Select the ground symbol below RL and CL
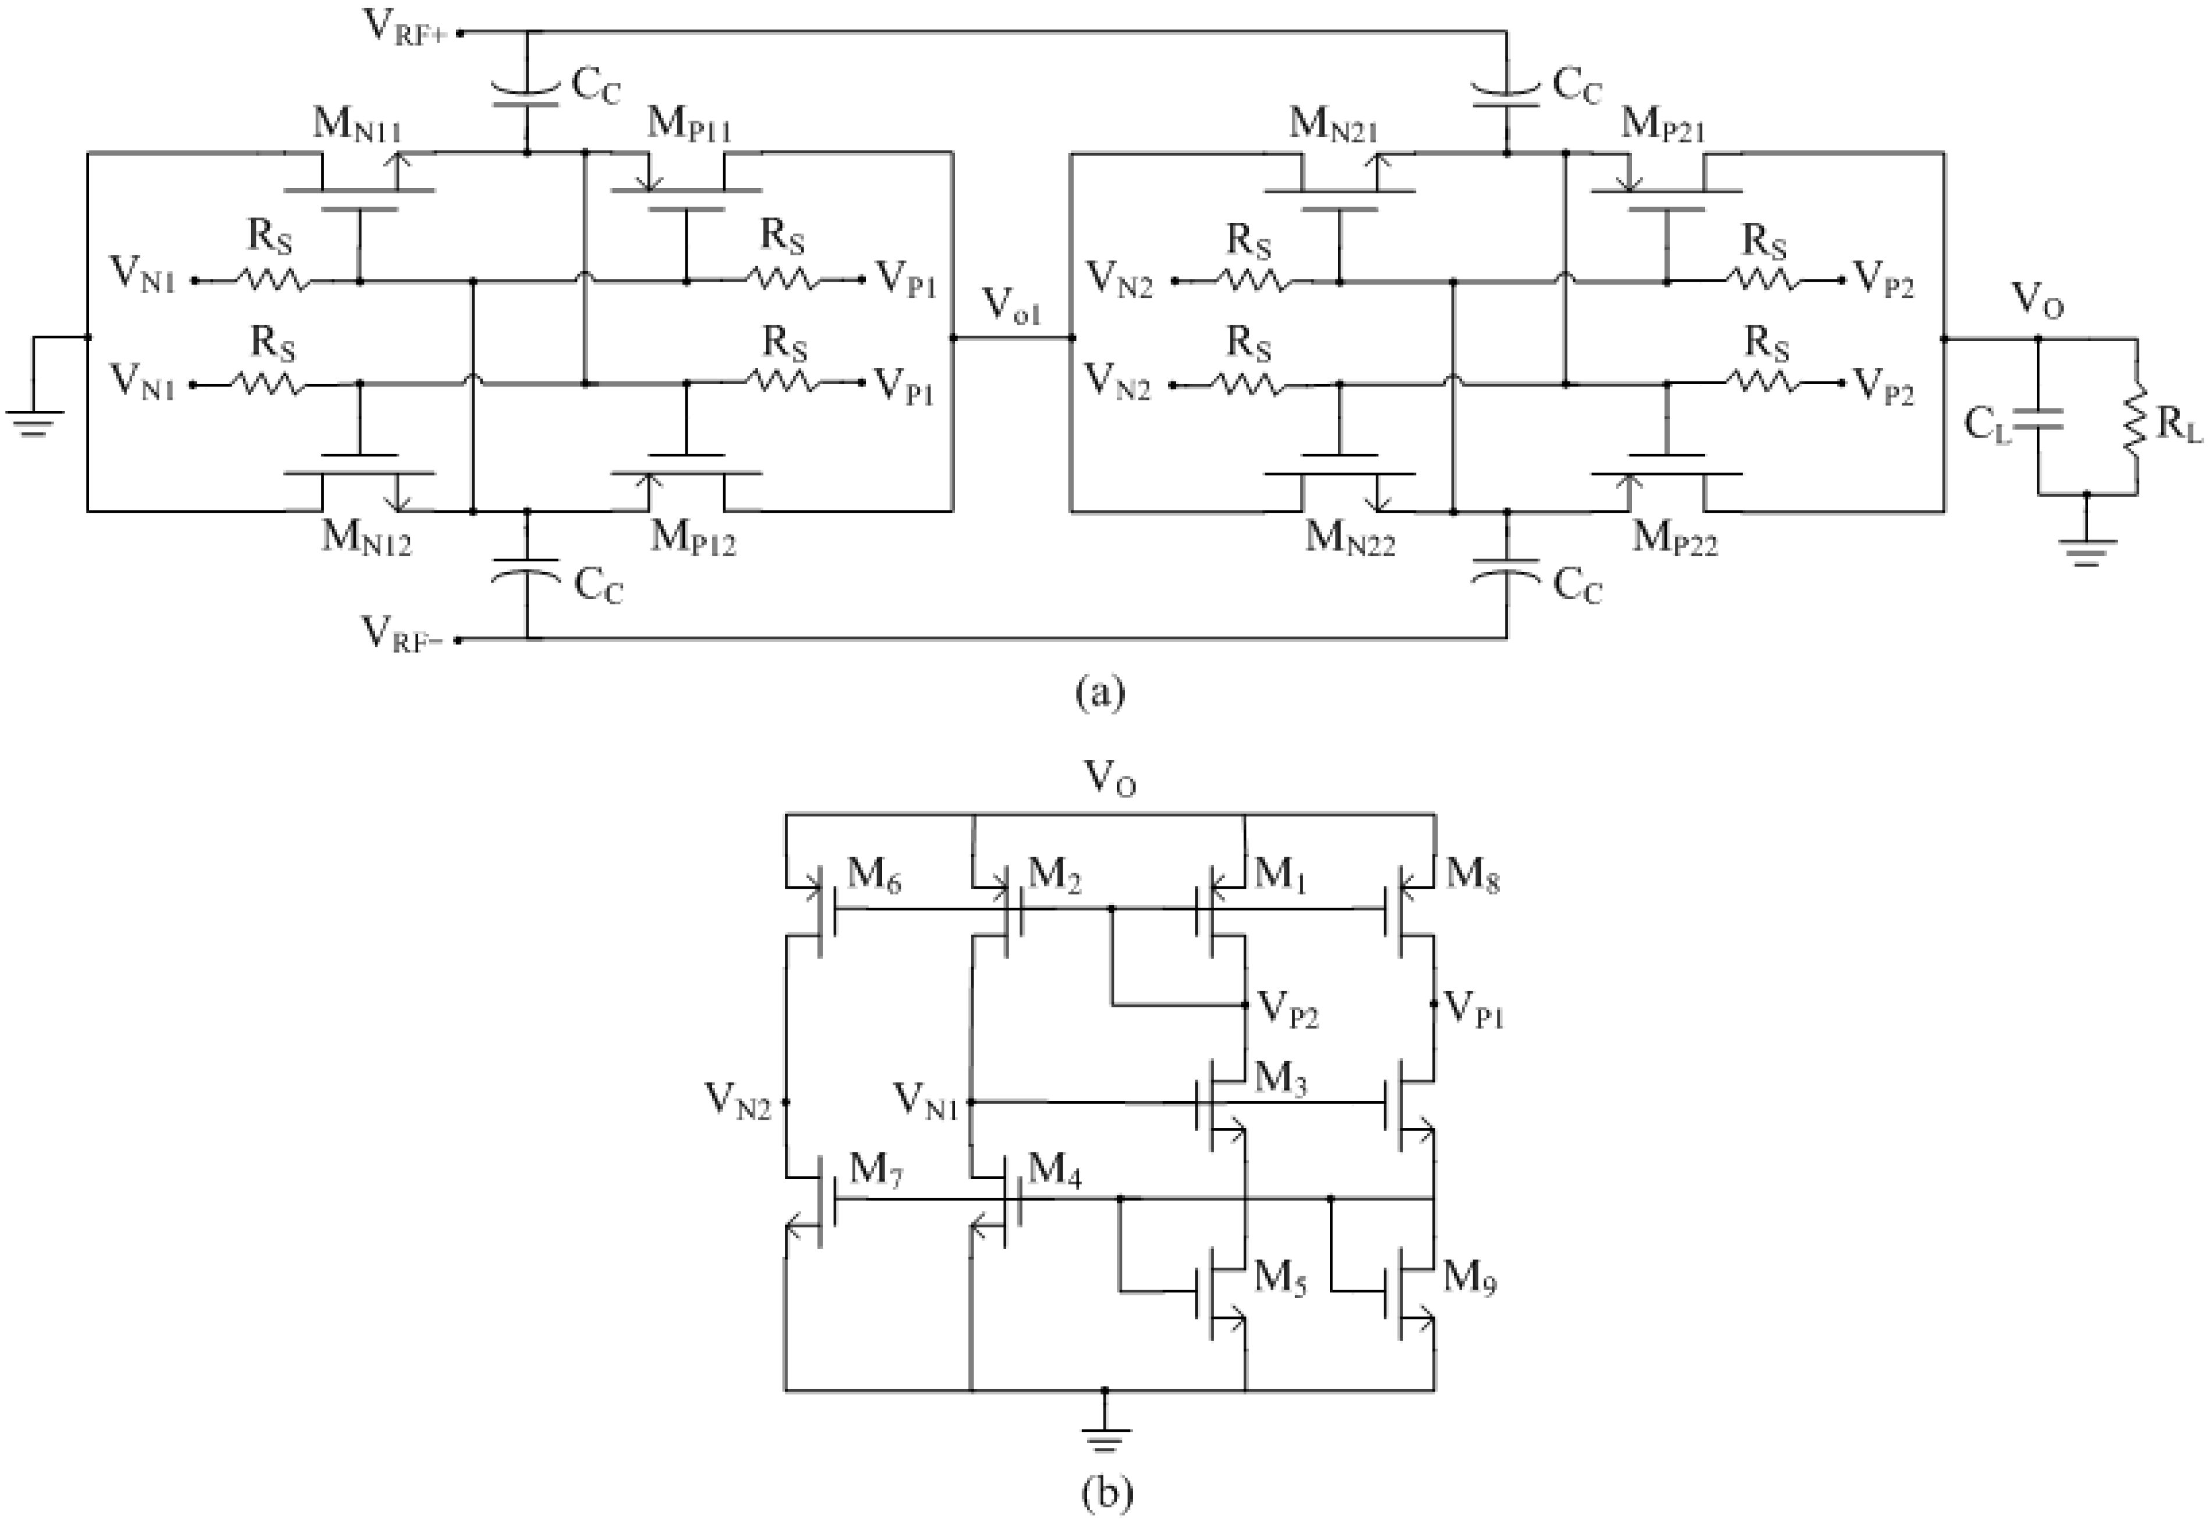tap(2085, 551)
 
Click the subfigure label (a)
tap(1100, 692)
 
